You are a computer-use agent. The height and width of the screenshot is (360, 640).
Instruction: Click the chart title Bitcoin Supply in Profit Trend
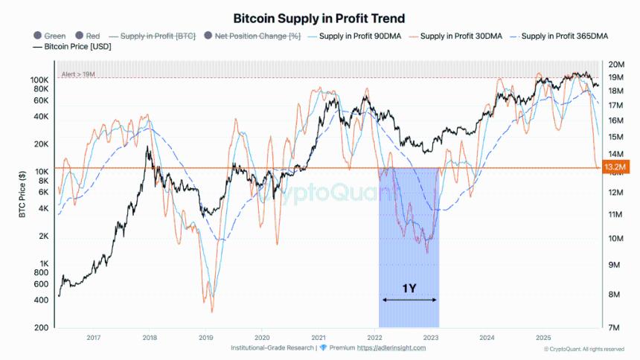319,17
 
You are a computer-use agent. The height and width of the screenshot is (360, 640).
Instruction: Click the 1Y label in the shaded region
409,288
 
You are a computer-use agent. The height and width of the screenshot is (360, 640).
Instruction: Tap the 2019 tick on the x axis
206,337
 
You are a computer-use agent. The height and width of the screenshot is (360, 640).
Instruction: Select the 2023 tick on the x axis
431,337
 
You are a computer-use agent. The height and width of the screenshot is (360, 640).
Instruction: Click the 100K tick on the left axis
39,80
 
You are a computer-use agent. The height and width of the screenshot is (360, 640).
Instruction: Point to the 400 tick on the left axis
42,300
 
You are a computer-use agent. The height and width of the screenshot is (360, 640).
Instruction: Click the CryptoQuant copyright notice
583,349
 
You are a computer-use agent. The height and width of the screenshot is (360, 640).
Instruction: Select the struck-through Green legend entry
49,36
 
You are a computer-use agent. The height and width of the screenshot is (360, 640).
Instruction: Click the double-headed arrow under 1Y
409,300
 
